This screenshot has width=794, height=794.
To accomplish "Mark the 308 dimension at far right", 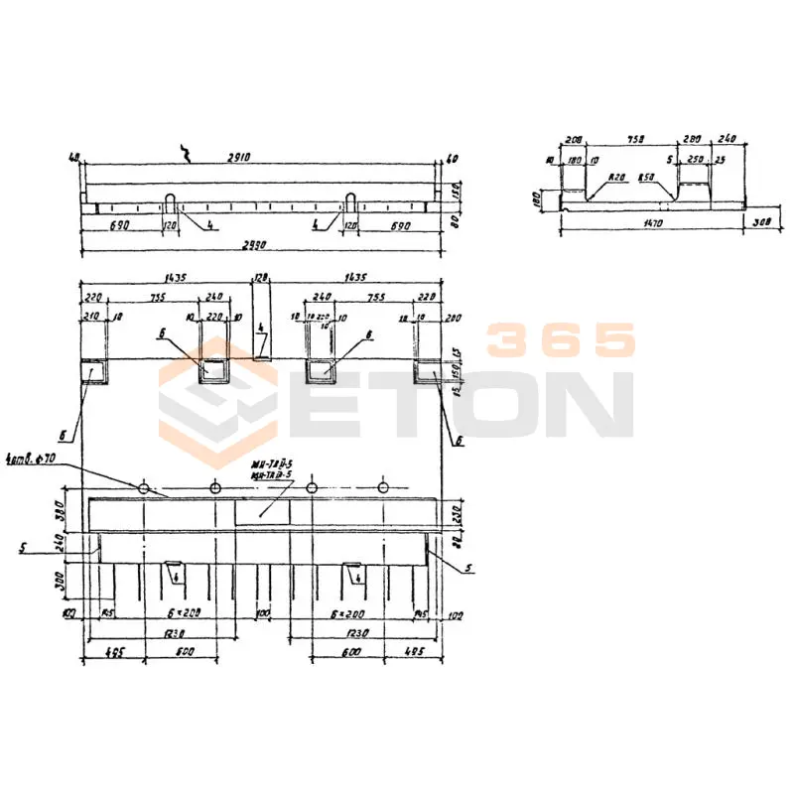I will (x=762, y=222).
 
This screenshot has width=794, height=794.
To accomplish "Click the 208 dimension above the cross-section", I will (x=573, y=141).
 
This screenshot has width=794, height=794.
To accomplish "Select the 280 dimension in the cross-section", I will (x=691, y=141).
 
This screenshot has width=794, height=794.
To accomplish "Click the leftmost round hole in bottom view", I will (x=144, y=487).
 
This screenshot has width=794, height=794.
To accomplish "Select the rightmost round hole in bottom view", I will (x=383, y=487).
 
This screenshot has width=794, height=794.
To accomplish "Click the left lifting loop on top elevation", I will (x=172, y=202).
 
